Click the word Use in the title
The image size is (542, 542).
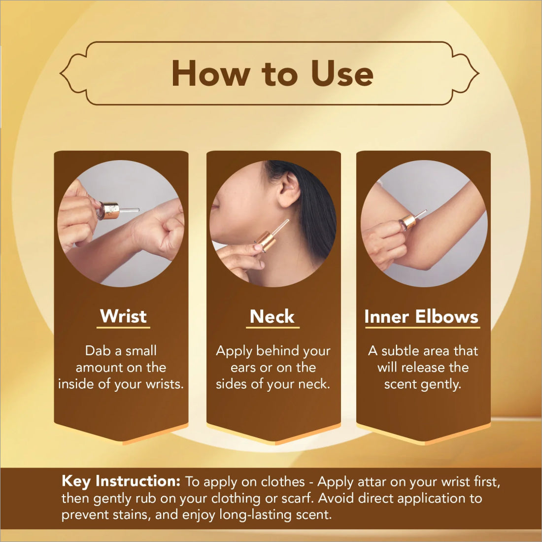[342, 73]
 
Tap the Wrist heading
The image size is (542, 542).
[123, 316]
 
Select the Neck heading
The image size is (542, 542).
[272, 316]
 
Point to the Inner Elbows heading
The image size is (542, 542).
[421, 316]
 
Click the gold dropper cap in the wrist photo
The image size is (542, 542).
[108, 210]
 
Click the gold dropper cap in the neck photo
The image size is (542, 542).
[266, 240]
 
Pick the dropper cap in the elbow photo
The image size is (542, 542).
[408, 222]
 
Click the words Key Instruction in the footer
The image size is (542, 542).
[121, 481]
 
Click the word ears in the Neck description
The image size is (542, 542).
[243, 368]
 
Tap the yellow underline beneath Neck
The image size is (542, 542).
[272, 327]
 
